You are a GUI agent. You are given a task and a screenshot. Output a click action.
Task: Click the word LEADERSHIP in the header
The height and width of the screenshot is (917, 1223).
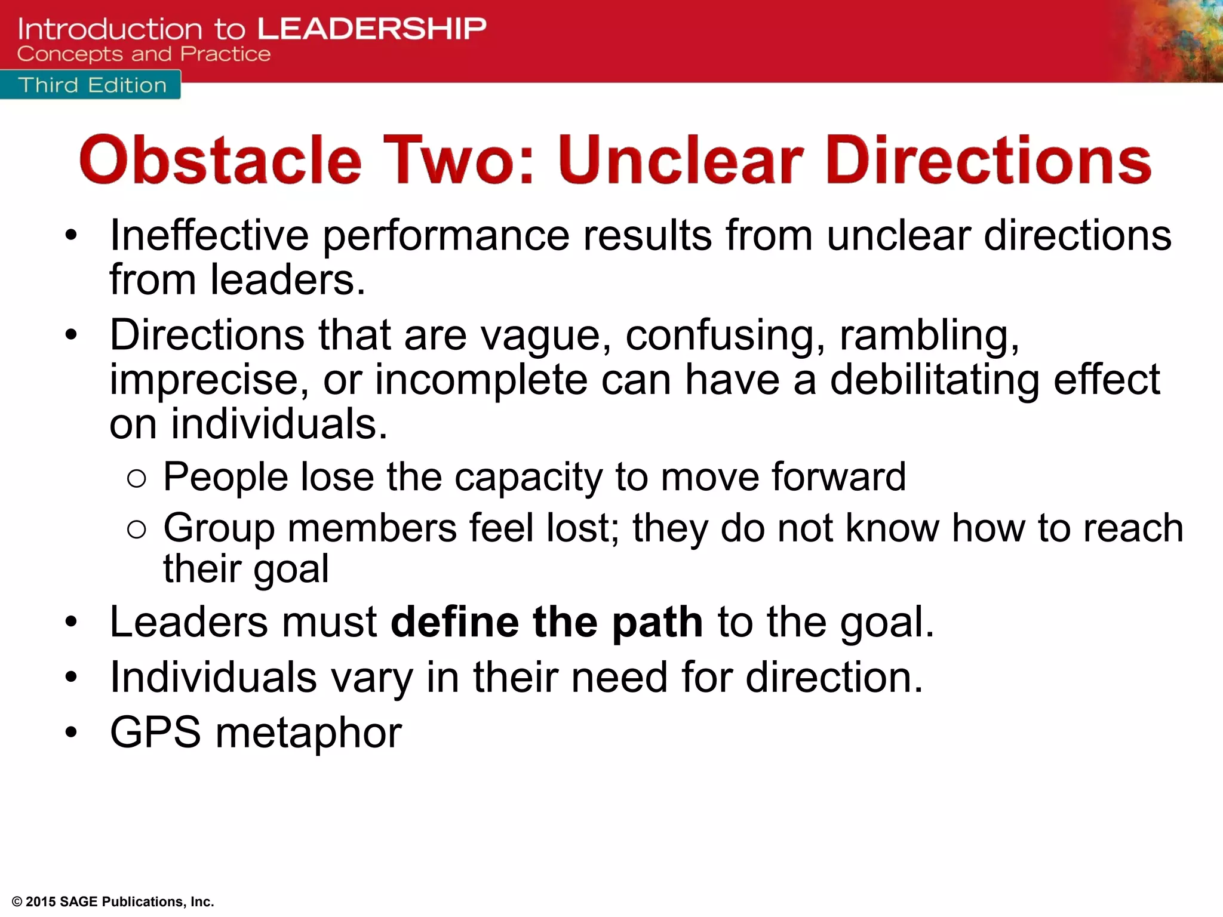pyautogui.click(x=371, y=29)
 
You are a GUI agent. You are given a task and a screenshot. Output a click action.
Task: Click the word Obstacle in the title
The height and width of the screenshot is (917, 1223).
pyautogui.click(x=220, y=160)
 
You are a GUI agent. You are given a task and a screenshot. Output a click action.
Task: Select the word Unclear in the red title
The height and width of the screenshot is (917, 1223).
pyautogui.click(x=681, y=160)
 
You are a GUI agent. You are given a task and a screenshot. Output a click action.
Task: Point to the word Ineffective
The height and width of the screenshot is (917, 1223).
pyautogui.click(x=209, y=235)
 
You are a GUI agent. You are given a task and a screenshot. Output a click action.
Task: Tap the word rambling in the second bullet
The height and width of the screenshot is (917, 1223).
pyautogui.click(x=929, y=336)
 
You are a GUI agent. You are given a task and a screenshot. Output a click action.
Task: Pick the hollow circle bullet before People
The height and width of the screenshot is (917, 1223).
pyautogui.click(x=137, y=478)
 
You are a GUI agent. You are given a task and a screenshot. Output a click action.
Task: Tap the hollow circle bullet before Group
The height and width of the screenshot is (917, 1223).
pyautogui.click(x=137, y=529)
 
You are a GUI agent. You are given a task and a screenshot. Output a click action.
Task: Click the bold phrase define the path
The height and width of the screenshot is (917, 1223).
pyautogui.click(x=546, y=622)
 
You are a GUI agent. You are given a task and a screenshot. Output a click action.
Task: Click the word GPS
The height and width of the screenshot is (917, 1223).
pyautogui.click(x=156, y=733)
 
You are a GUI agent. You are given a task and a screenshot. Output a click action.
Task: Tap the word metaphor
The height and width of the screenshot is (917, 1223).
pyautogui.click(x=308, y=734)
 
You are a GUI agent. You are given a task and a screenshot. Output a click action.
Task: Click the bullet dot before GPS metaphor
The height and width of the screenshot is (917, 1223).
pyautogui.click(x=72, y=733)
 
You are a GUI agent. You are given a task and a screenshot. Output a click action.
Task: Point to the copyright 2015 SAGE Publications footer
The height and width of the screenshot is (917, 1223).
pyautogui.click(x=113, y=901)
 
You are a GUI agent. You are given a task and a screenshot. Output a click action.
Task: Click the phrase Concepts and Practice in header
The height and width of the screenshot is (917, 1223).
pyautogui.click(x=144, y=54)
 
